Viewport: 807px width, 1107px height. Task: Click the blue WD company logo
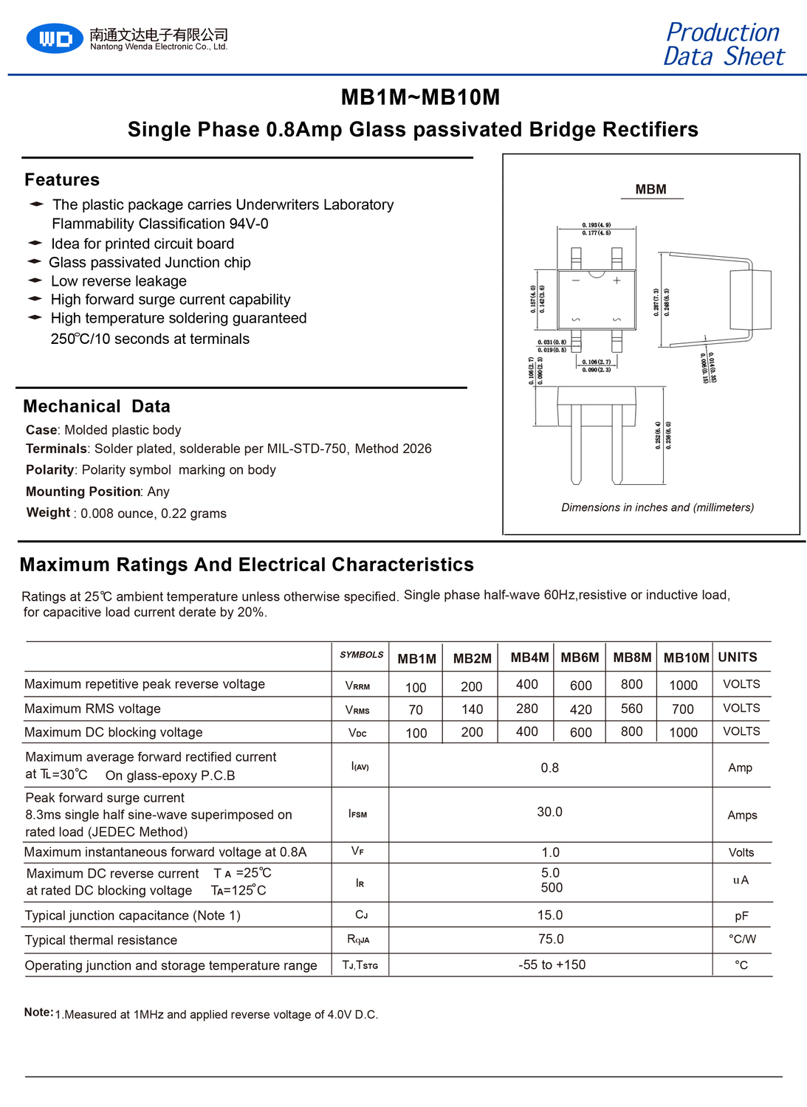click(x=55, y=38)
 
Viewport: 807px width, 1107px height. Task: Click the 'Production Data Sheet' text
click(x=723, y=44)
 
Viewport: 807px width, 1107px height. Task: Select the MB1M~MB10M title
click(x=420, y=97)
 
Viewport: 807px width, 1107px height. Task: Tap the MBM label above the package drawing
click(x=650, y=190)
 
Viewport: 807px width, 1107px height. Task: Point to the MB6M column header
click(x=580, y=658)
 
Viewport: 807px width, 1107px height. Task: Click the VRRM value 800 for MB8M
click(x=631, y=685)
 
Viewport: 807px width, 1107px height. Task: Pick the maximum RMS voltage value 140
click(x=472, y=709)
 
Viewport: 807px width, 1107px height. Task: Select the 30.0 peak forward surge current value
click(x=549, y=812)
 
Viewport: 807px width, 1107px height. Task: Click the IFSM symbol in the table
click(x=358, y=814)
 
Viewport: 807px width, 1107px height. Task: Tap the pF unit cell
click(x=741, y=916)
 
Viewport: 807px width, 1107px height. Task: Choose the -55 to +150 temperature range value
click(x=552, y=965)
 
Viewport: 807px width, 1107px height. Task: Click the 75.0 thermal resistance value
click(x=551, y=939)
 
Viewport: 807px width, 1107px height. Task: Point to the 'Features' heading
click(x=62, y=180)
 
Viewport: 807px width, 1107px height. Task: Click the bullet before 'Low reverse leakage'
click(x=35, y=280)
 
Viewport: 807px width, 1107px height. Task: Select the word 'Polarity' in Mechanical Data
click(x=49, y=470)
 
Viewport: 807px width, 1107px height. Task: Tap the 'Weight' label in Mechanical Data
click(x=48, y=513)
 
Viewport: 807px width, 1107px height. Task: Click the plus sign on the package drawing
click(x=617, y=280)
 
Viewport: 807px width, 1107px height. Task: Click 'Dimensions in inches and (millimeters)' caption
click(x=657, y=508)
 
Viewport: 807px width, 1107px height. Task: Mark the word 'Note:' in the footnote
click(x=38, y=1013)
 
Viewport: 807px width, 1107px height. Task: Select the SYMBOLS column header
click(x=361, y=655)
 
